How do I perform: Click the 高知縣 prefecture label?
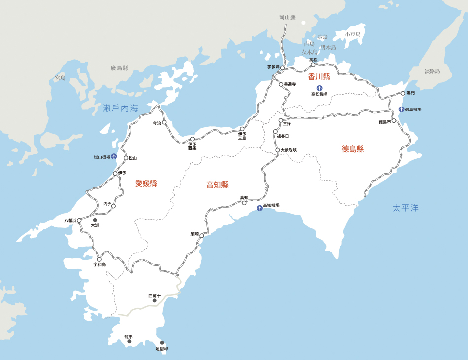[x=217, y=185]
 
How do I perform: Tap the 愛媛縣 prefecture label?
[x=146, y=183]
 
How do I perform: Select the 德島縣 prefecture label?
[x=353, y=149]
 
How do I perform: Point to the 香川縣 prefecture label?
[x=319, y=77]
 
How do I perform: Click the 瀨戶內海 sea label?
[x=120, y=108]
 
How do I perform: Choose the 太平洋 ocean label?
[x=405, y=208]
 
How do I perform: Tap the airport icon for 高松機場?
[x=319, y=88]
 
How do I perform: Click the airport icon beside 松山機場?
[x=114, y=157]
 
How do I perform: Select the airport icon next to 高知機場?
[x=259, y=208]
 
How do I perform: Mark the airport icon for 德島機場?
[x=401, y=109]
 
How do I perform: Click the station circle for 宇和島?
[x=99, y=259]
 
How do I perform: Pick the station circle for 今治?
[x=164, y=123]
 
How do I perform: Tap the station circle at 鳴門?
[x=403, y=93]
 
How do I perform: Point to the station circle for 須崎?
[x=201, y=236]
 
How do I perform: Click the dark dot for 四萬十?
[x=154, y=300]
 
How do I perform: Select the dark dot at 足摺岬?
[x=162, y=343]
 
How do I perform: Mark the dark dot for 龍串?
[x=129, y=341]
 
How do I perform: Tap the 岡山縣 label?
[x=287, y=17]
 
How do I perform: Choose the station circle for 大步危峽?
[x=278, y=150]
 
